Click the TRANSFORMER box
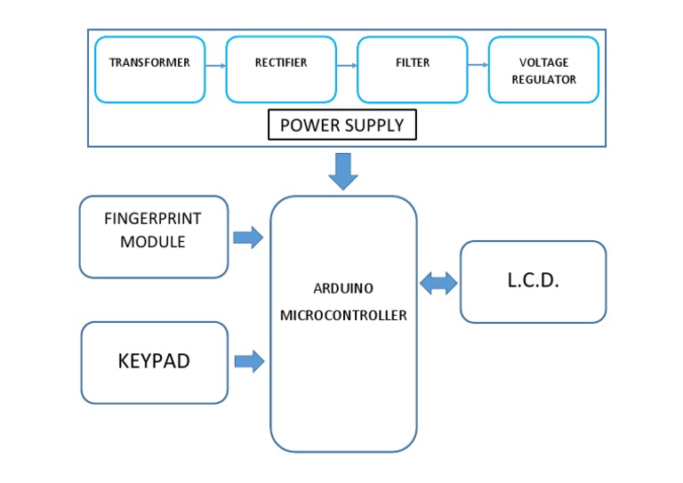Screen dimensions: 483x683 pyautogui.click(x=149, y=68)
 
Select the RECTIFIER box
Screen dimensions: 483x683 pyautogui.click(x=281, y=68)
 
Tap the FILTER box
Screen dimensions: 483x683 pyautogui.click(x=413, y=68)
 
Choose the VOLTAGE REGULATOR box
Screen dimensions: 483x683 pyautogui.click(x=543, y=70)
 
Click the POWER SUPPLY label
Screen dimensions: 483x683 pyautogui.click(x=342, y=125)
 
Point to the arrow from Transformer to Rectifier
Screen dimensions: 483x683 pyautogui.click(x=214, y=66)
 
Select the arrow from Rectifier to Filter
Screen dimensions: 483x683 pyautogui.click(x=345, y=66)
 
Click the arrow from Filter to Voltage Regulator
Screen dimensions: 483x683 pyautogui.click(x=478, y=66)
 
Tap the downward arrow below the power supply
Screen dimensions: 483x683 pyautogui.click(x=342, y=172)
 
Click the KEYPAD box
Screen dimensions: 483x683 pyautogui.click(x=154, y=362)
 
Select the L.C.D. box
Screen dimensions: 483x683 pyautogui.click(x=533, y=281)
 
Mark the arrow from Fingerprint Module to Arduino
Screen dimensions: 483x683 pyautogui.click(x=249, y=237)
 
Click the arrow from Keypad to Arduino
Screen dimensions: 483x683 pyautogui.click(x=249, y=361)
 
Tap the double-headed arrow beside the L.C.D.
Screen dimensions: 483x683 pyautogui.click(x=438, y=284)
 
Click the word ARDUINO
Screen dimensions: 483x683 pyautogui.click(x=342, y=289)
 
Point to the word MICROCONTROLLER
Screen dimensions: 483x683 pyautogui.click(x=342, y=316)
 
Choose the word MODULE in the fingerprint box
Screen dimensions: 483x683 pyautogui.click(x=154, y=242)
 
